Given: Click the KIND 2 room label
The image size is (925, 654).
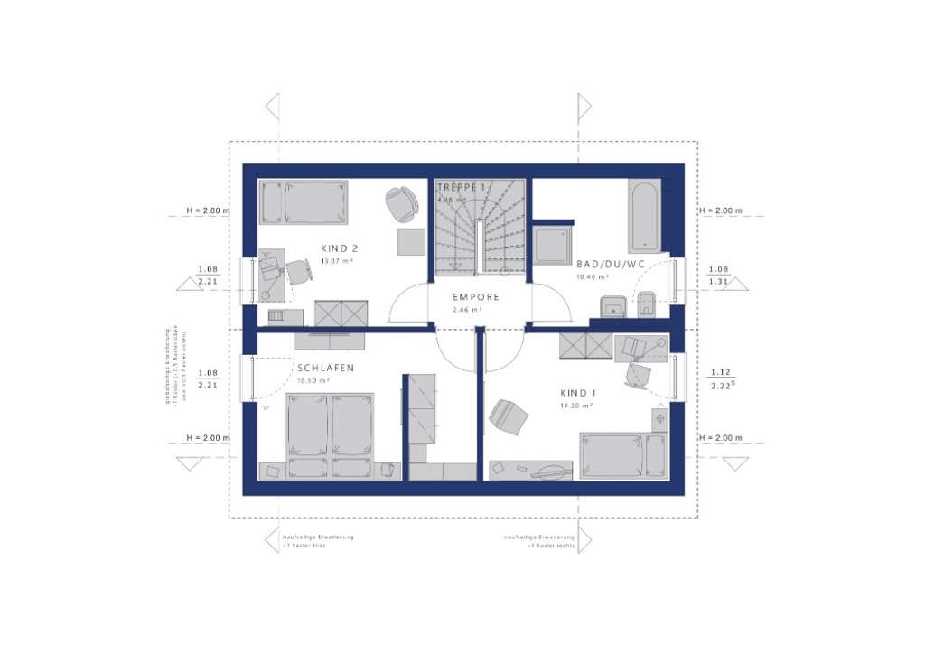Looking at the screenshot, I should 340,248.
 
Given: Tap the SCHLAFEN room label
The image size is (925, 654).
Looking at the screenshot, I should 325,368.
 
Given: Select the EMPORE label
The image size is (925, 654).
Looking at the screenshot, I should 476,296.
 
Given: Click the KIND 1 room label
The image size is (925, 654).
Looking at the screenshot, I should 579,394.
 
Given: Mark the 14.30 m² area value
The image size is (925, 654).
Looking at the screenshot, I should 575,406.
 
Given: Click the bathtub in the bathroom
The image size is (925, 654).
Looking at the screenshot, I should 645,216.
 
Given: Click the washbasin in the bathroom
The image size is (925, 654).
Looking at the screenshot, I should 614,306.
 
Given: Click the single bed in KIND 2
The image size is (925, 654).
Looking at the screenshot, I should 304,202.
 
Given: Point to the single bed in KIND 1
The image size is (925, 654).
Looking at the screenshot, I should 624,455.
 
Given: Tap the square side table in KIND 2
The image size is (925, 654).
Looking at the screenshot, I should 411,242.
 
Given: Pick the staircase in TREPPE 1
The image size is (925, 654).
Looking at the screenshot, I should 479,226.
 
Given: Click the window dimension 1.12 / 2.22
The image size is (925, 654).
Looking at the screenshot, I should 719,378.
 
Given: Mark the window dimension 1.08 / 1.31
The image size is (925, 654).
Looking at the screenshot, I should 719,275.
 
